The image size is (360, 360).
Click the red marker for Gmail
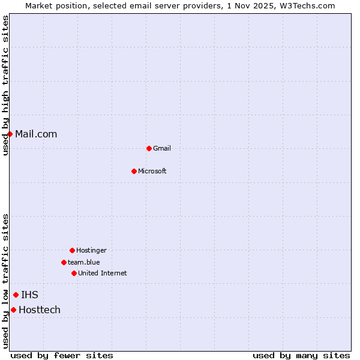149,148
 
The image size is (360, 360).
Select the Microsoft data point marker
134,171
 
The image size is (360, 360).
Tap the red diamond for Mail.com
10,134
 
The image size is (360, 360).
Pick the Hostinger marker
72,250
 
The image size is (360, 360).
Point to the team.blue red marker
64,262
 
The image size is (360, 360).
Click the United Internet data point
74,273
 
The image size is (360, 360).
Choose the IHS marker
16,295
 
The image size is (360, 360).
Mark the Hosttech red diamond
13,310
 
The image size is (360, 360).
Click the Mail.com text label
36,134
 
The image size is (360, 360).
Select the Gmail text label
162,149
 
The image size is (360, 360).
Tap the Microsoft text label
152,172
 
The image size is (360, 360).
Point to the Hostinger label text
91,251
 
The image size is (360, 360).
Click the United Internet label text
103,274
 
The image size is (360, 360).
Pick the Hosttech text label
40,310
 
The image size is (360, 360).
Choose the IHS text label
29,295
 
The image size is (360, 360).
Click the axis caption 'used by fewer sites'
62,355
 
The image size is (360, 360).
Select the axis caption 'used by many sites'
301,355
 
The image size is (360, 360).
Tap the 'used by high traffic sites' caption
5,85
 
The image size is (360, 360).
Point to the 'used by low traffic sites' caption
5,281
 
